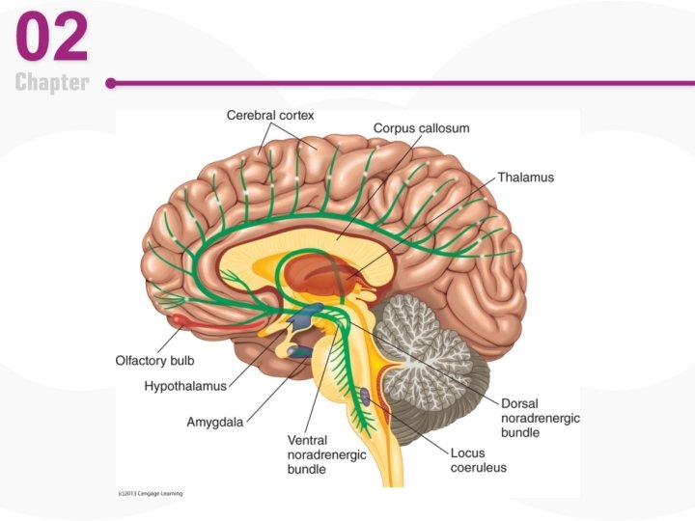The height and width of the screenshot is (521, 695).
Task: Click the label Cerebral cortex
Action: point(270,115)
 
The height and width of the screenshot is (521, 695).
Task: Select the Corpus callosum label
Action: point(422,128)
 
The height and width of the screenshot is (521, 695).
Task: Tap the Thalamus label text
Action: point(526,178)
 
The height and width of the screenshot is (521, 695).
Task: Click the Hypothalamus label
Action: point(184,386)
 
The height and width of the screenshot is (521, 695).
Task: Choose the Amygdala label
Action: point(214,422)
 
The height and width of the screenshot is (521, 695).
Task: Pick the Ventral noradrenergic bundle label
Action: point(326,454)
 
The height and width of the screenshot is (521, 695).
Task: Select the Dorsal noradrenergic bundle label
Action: point(541,418)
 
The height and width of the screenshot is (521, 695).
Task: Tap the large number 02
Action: point(52,38)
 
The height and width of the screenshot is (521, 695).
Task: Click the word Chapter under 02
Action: point(52,83)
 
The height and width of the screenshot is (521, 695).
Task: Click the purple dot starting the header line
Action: point(111,84)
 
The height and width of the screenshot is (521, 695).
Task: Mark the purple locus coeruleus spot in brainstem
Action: point(366,395)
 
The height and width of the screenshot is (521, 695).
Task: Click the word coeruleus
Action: point(478,468)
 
